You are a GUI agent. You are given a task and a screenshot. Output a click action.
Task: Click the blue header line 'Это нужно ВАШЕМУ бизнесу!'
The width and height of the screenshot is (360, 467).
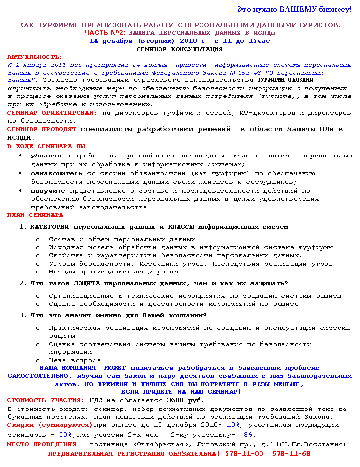(x=294, y=9)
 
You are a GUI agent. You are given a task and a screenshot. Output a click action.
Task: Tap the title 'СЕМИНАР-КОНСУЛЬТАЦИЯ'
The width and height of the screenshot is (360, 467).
(x=179, y=49)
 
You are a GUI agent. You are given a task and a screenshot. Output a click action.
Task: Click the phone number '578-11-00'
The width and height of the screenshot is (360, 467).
(x=244, y=453)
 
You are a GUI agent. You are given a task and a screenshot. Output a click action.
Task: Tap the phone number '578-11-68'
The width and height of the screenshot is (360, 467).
(x=291, y=453)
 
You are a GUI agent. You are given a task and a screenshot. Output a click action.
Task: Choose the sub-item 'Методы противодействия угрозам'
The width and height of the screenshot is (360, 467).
(x=113, y=272)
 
